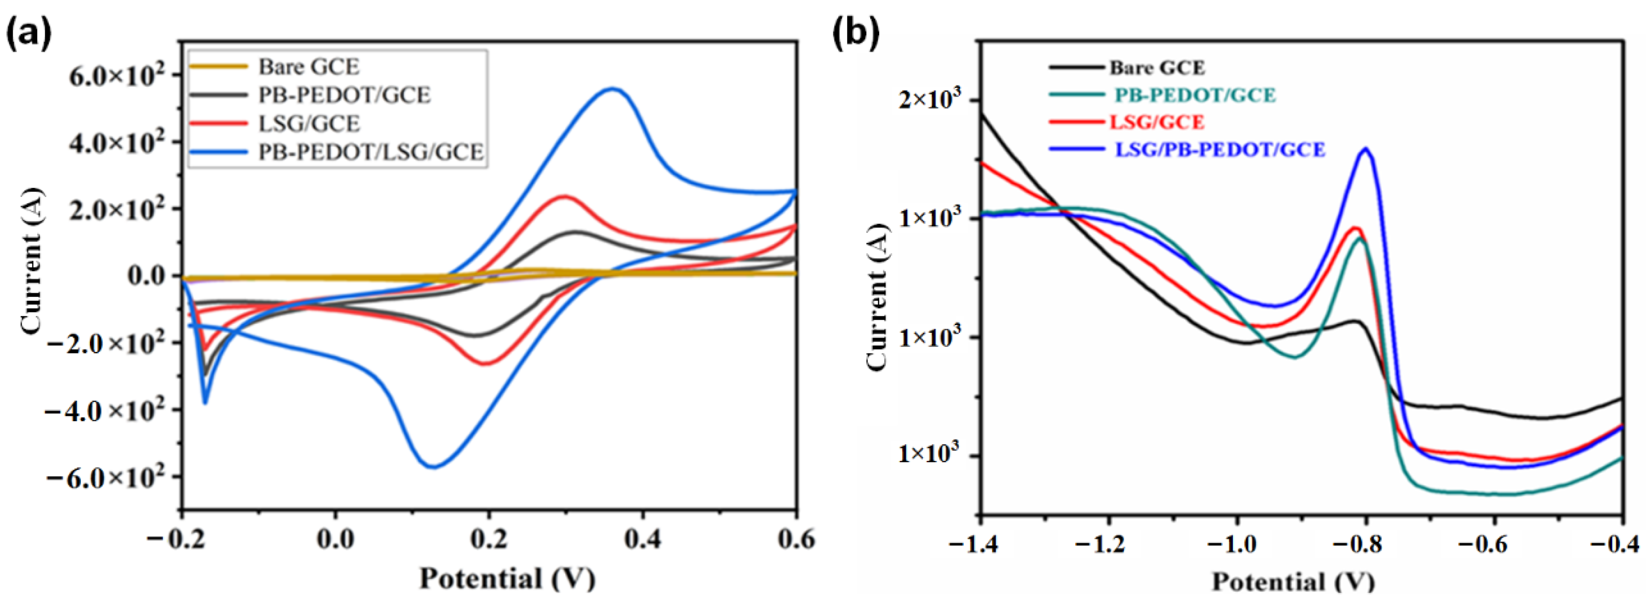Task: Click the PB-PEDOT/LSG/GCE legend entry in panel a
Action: tap(370, 153)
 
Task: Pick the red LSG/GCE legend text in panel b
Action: tap(1157, 122)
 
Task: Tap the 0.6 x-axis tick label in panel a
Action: tap(796, 539)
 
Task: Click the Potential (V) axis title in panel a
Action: tap(507, 578)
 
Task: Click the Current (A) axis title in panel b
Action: tap(877, 297)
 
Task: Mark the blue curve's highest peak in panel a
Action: tap(613, 89)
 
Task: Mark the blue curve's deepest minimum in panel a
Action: tap(433, 466)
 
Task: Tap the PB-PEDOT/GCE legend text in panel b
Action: tap(1194, 95)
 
